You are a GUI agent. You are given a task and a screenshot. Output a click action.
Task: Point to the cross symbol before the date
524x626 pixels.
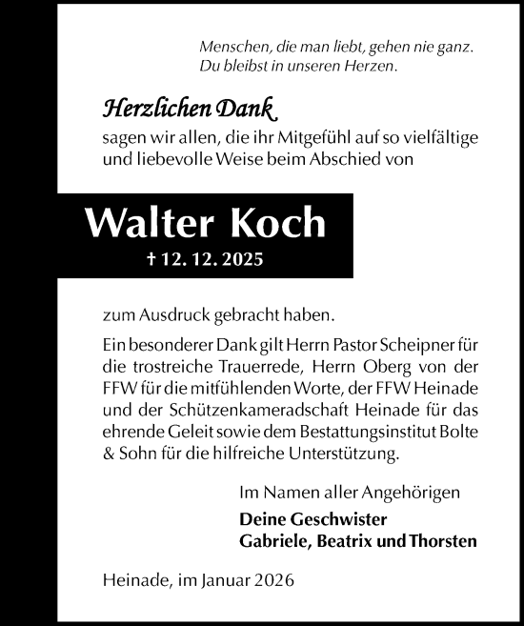point(141,258)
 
